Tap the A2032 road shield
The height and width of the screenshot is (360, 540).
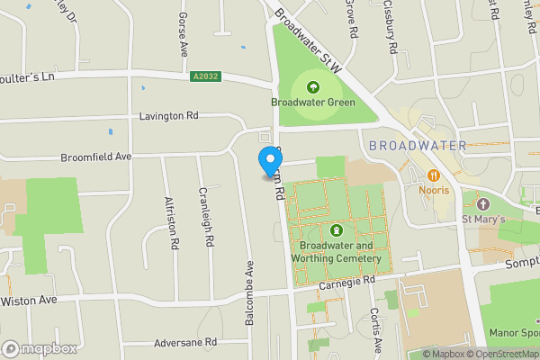coord(204,77)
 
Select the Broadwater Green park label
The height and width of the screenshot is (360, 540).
coord(312,103)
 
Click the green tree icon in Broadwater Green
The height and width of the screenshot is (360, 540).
coord(313,87)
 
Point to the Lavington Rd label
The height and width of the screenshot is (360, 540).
coord(168,116)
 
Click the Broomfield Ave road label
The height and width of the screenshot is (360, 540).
coord(96,157)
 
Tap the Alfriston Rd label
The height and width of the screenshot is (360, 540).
coord(171,222)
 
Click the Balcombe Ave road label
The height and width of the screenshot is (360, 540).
coord(249,292)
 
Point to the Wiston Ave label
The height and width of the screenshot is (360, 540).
coord(29,300)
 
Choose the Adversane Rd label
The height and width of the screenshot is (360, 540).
coord(185,342)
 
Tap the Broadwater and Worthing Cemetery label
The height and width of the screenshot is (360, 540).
coord(336,252)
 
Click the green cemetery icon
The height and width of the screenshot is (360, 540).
coord(337,230)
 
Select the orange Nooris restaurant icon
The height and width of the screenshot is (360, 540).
coord(434,175)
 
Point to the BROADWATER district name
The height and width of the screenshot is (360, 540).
coord(418,146)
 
